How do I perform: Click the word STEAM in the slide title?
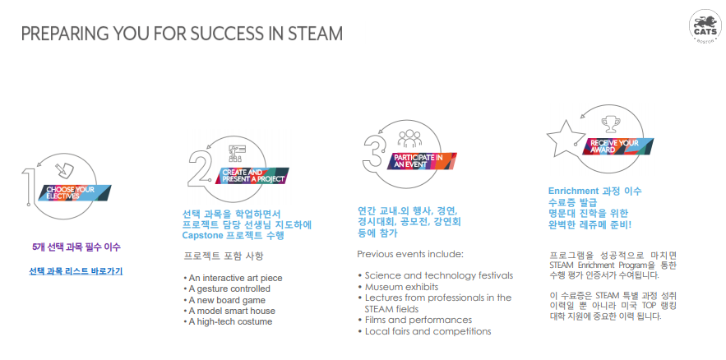coord(315,35)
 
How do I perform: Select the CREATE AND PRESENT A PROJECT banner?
coord(252,175)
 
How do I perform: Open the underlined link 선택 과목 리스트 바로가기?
coord(76,270)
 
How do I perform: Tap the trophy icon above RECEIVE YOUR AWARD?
coord(612,125)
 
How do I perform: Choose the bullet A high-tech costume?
coord(228,321)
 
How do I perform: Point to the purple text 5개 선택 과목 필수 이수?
coord(76,247)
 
